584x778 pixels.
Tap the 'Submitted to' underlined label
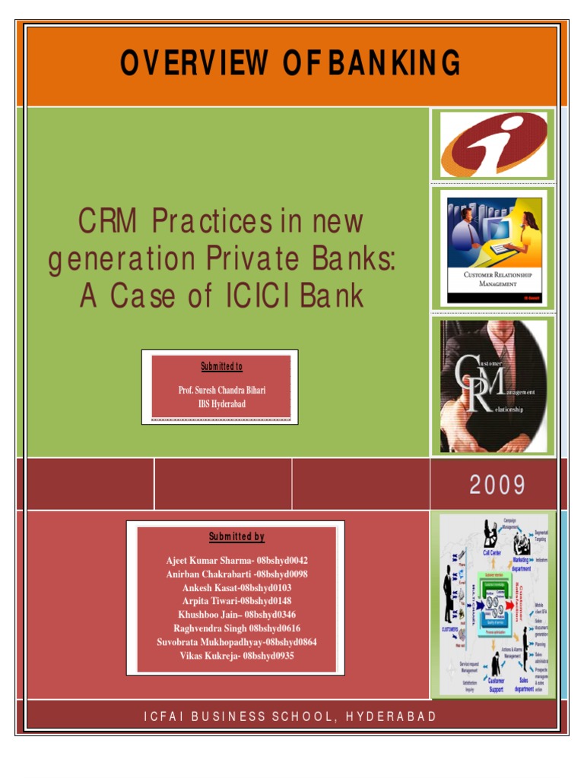pos(221,367)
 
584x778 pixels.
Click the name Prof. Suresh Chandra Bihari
pos(222,390)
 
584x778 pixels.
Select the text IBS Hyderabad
pos(222,403)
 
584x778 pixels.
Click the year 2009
pos(497,484)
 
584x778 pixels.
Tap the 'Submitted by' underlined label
pos(236,537)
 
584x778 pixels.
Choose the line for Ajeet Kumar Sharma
pos(236,561)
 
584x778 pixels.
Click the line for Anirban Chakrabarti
pos(236,574)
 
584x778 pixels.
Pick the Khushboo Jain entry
pos(236,615)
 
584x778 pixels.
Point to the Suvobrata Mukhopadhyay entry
pos(236,642)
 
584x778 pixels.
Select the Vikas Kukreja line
pos(236,656)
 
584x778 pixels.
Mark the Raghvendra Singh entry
pos(236,628)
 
